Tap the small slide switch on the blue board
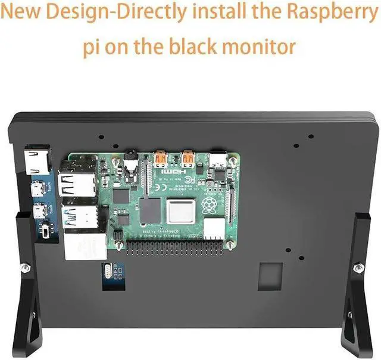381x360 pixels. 45,230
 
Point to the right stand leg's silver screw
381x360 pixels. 358,266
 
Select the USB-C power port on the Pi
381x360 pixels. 216,162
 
